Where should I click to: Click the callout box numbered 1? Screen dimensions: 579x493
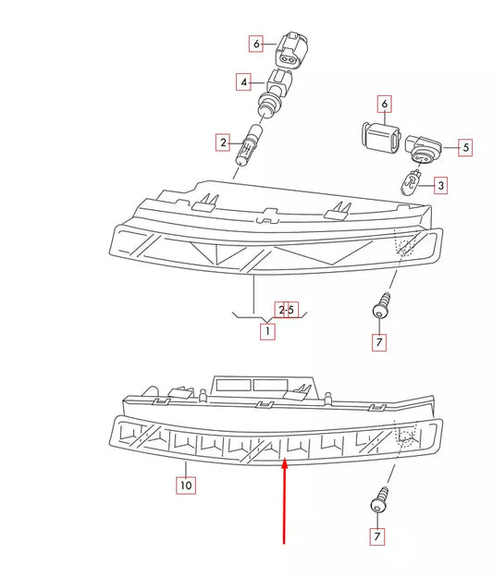266,330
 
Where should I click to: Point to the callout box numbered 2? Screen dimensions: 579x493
222,142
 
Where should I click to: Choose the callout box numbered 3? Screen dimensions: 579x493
440,186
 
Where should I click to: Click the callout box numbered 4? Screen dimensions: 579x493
245,82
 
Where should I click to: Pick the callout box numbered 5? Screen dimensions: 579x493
465,146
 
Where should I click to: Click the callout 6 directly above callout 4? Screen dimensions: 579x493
256,43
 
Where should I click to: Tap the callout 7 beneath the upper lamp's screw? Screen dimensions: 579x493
378,342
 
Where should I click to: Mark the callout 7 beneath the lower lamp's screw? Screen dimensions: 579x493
376,536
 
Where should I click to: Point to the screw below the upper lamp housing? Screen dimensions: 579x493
378,304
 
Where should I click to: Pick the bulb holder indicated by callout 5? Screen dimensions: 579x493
424,145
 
